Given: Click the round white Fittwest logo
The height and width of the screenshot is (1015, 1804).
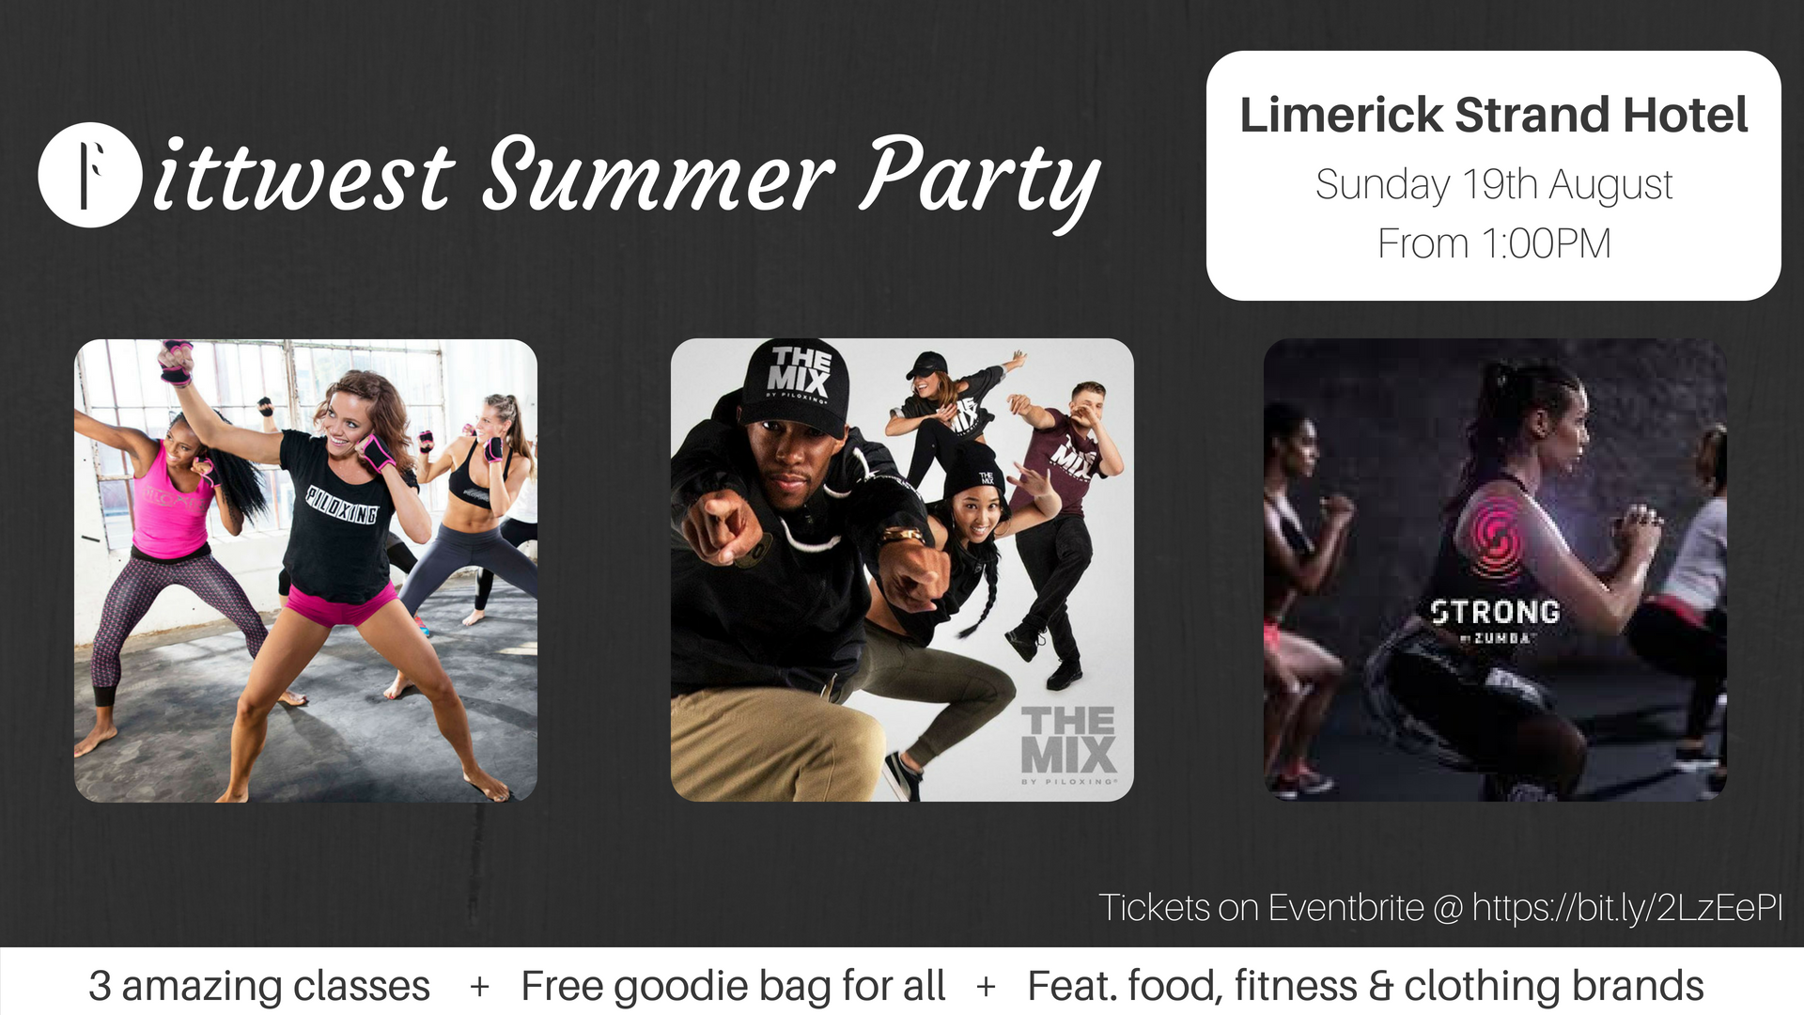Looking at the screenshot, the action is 90,175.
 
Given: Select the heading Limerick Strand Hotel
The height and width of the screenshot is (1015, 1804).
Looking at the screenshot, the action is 1493,115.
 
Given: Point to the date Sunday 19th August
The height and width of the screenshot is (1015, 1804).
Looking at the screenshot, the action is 1494,185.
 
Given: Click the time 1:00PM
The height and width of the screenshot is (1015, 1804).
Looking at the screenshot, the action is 1546,243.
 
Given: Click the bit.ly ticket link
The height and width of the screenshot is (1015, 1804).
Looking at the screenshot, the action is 1626,908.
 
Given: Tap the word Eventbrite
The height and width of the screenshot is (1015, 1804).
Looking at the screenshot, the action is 1346,908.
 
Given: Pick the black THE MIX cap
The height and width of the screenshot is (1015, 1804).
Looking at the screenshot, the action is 796,386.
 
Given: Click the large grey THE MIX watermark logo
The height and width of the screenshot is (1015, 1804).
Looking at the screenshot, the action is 1068,742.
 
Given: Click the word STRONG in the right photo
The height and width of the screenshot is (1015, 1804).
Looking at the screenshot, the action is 1495,612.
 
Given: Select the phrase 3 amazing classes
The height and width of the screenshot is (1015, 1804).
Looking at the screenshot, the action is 259,986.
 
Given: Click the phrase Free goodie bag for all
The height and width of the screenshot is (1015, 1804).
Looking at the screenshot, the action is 733,987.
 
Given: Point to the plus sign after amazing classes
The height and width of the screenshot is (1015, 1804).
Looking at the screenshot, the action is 479,987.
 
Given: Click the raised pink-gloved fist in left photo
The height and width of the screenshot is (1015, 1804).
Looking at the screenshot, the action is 175,362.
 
